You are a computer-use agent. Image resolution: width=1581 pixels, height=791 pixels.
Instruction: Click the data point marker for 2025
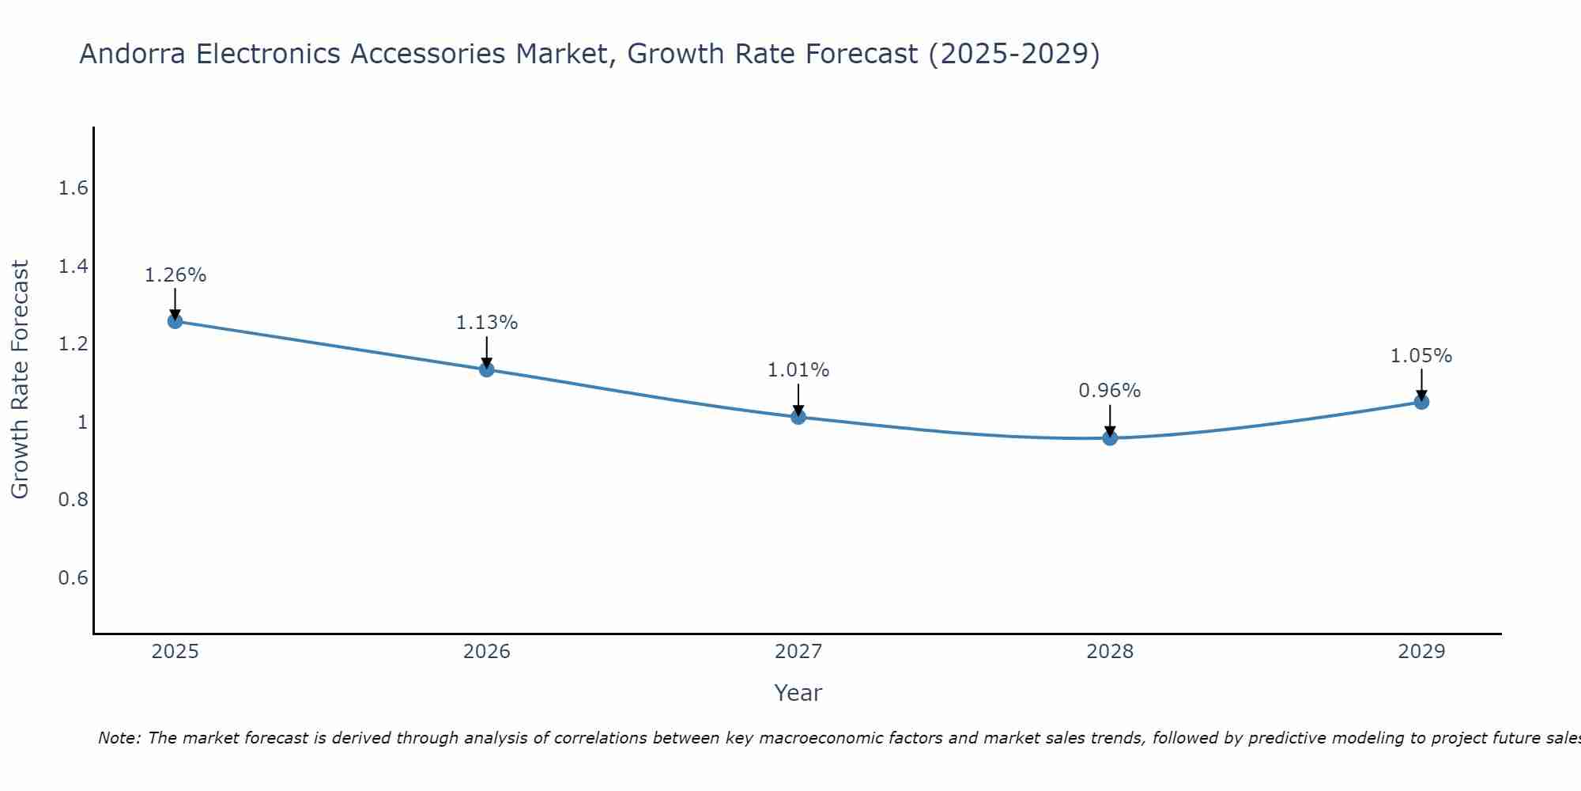coord(175,321)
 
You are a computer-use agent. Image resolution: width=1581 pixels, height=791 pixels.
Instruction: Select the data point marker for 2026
coord(487,369)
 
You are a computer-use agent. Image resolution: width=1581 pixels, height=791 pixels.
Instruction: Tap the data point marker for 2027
coord(798,417)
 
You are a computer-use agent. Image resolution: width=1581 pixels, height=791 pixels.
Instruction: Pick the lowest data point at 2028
coord(1110,437)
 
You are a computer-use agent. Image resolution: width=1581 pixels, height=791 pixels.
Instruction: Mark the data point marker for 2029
coord(1421,402)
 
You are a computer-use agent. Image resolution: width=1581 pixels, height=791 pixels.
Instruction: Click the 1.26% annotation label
coord(175,275)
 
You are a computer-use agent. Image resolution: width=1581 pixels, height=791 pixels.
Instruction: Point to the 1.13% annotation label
coord(487,323)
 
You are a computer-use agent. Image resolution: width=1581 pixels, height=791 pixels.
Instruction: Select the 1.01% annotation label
coord(798,370)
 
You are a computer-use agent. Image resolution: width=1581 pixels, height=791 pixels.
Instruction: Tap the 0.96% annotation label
coord(1110,391)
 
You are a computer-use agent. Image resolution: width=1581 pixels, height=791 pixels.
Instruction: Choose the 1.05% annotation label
coord(1421,356)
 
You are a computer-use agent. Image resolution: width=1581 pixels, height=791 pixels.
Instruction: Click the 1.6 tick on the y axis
coord(73,188)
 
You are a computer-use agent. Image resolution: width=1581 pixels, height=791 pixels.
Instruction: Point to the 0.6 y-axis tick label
coord(73,578)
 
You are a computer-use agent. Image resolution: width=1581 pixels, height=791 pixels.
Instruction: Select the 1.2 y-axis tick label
coord(73,344)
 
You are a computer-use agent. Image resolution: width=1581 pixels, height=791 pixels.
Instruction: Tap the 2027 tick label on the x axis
coord(798,652)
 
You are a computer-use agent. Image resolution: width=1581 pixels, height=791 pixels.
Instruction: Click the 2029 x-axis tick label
coord(1421,652)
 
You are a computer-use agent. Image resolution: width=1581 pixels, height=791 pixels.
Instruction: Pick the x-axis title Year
coord(798,693)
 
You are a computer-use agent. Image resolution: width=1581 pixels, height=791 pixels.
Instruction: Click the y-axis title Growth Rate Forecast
coord(20,380)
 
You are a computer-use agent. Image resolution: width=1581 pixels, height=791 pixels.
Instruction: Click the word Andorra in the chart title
coord(134,54)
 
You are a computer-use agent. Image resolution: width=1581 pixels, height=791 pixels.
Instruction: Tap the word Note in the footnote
coord(119,738)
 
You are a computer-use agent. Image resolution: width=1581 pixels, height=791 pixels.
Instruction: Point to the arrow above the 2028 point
coord(1110,419)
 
